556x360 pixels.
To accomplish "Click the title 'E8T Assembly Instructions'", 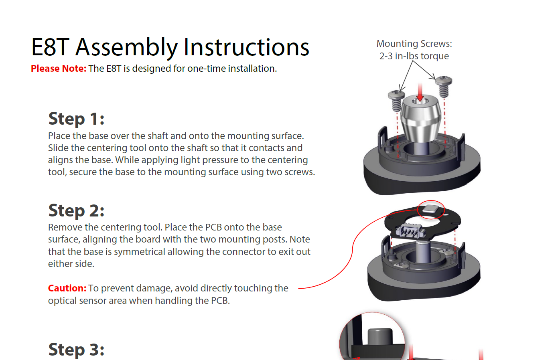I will (x=170, y=47).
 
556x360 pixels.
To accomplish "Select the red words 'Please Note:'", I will (x=59, y=69).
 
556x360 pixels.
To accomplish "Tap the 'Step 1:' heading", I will (x=76, y=119).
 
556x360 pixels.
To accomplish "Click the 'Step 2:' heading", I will (x=76, y=210).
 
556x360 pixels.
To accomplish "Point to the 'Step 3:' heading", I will (x=76, y=350).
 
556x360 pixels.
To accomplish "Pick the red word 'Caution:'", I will (x=67, y=288).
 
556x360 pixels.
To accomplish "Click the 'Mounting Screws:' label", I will (x=414, y=44).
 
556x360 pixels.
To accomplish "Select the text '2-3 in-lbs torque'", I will (x=414, y=56).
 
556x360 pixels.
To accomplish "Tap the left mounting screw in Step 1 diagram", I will (x=396, y=100).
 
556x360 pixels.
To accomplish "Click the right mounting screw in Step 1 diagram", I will (x=444, y=86).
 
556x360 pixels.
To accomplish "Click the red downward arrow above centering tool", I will (x=420, y=92).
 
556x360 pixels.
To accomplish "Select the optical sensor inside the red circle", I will (x=431, y=208).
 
